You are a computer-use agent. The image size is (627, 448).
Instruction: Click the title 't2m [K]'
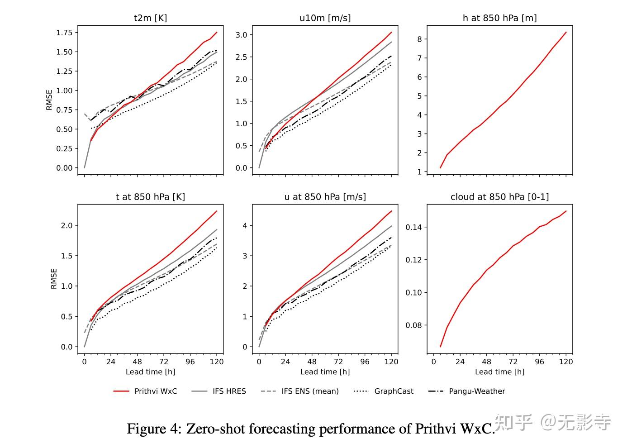(x=150, y=18)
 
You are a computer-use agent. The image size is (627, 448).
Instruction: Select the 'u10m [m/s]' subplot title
(x=325, y=18)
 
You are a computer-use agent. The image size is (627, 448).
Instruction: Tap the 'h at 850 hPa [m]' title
(x=499, y=18)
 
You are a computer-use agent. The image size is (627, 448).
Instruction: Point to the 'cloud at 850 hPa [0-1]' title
(x=499, y=197)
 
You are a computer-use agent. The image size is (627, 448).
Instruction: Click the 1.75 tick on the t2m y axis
(x=64, y=33)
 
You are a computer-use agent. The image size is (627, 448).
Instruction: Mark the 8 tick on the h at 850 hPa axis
(x=419, y=39)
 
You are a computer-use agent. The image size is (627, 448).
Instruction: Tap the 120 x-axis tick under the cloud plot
(x=566, y=362)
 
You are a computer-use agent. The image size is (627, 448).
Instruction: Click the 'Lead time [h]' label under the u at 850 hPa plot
(x=325, y=372)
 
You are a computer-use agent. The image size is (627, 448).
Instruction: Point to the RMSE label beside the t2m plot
(x=49, y=100)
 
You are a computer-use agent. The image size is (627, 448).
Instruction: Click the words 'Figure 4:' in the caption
(x=154, y=429)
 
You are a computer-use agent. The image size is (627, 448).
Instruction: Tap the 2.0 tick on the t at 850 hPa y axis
(x=66, y=225)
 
